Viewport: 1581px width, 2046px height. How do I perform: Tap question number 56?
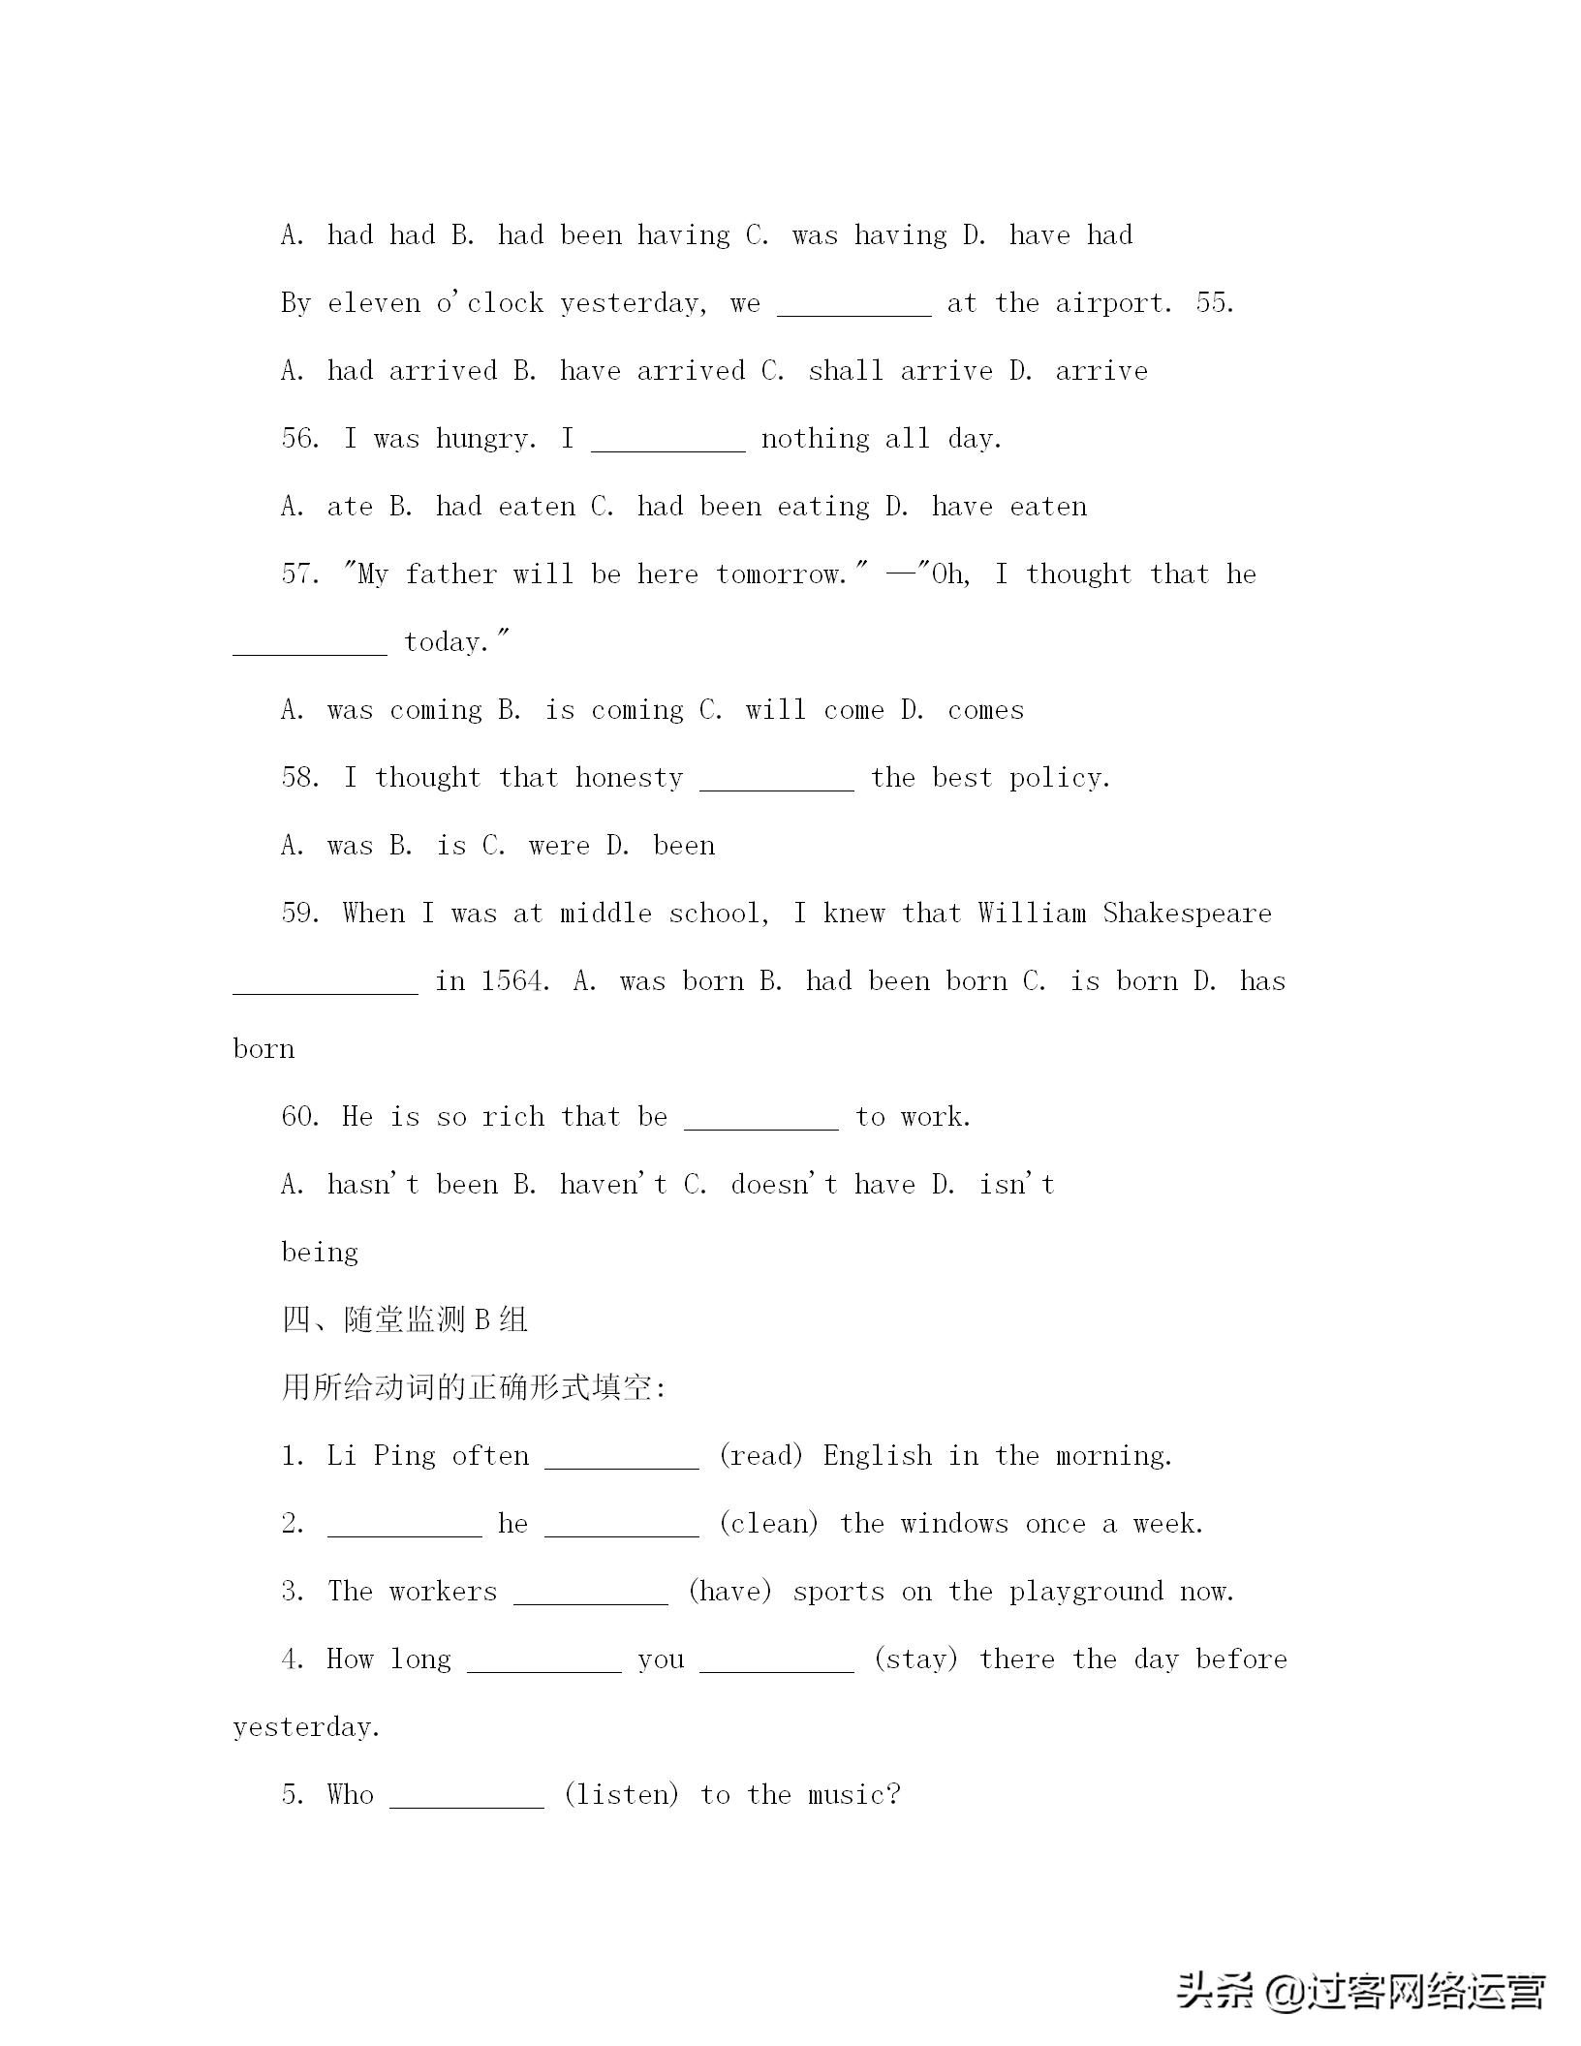point(300,439)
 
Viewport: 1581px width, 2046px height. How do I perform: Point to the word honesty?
point(629,778)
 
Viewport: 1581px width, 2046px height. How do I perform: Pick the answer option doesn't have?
point(822,1185)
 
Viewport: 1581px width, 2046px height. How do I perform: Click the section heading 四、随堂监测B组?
point(404,1320)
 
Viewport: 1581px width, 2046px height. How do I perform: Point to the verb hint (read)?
point(760,1456)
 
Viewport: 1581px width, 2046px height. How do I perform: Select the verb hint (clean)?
point(768,1524)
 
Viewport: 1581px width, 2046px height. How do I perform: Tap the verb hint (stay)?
point(915,1659)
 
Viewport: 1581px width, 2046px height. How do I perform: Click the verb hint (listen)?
point(621,1795)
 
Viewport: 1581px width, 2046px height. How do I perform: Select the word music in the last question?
point(853,1795)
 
